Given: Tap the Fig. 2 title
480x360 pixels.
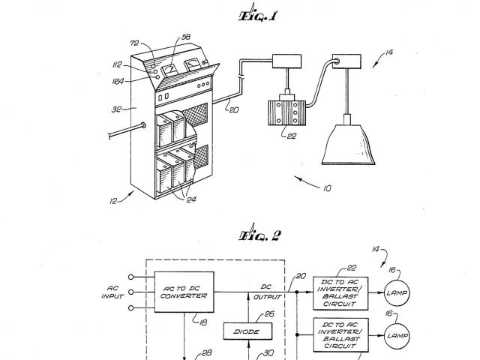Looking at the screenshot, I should pos(259,235).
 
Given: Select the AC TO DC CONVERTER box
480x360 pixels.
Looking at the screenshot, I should pos(183,291).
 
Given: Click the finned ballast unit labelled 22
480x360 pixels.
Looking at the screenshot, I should pos(286,109).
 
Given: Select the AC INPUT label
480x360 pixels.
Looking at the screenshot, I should pos(112,292).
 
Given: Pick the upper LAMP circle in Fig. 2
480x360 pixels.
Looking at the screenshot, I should pos(397,292).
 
